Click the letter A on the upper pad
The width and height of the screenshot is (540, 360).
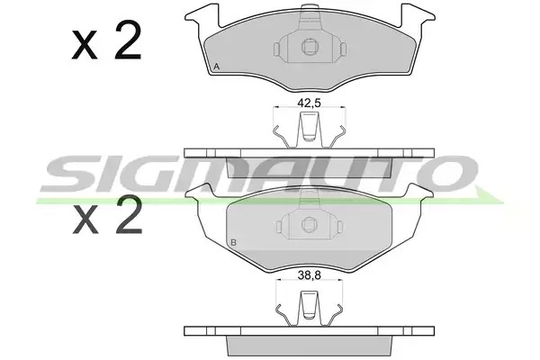pyautogui.click(x=216, y=67)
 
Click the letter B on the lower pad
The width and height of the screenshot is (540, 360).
pyautogui.click(x=233, y=242)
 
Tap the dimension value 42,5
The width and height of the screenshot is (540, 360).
pyautogui.click(x=309, y=103)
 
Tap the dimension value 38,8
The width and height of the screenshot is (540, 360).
pyautogui.click(x=309, y=275)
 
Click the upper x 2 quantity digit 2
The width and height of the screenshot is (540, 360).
pyautogui.click(x=128, y=40)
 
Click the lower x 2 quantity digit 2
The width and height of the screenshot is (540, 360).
pyautogui.click(x=129, y=214)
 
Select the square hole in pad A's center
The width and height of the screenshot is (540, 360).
pyautogui.click(x=310, y=47)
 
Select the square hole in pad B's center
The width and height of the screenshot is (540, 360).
pyautogui.click(x=309, y=225)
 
